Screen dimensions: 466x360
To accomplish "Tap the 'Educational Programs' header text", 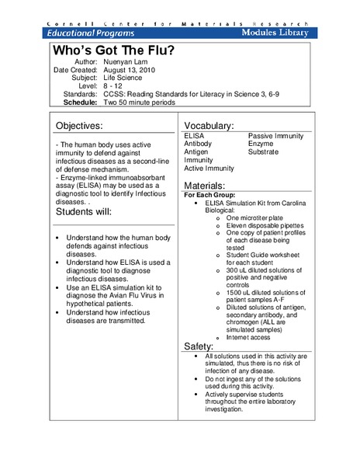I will [91, 33].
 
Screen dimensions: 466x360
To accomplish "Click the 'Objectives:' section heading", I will [90, 125].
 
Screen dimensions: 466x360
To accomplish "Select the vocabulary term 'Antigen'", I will [196, 152].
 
